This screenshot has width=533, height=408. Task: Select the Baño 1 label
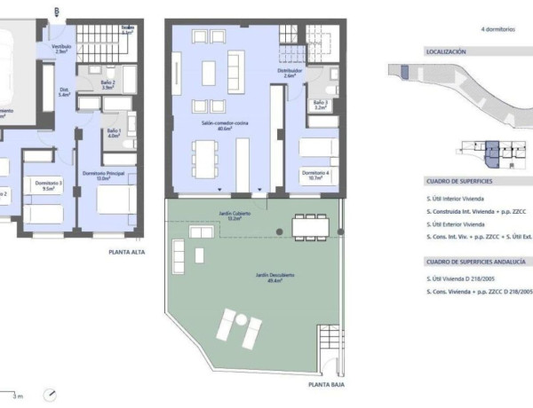coord(113,133)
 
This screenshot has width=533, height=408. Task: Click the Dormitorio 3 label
coord(49,184)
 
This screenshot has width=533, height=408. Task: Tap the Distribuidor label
coord(283,73)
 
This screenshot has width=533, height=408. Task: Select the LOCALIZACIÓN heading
coord(447,52)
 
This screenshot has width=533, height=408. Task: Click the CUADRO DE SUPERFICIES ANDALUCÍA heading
coord(475,263)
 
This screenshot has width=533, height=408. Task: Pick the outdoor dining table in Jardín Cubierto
coord(310,227)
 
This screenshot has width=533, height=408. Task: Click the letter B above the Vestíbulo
coord(57,12)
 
